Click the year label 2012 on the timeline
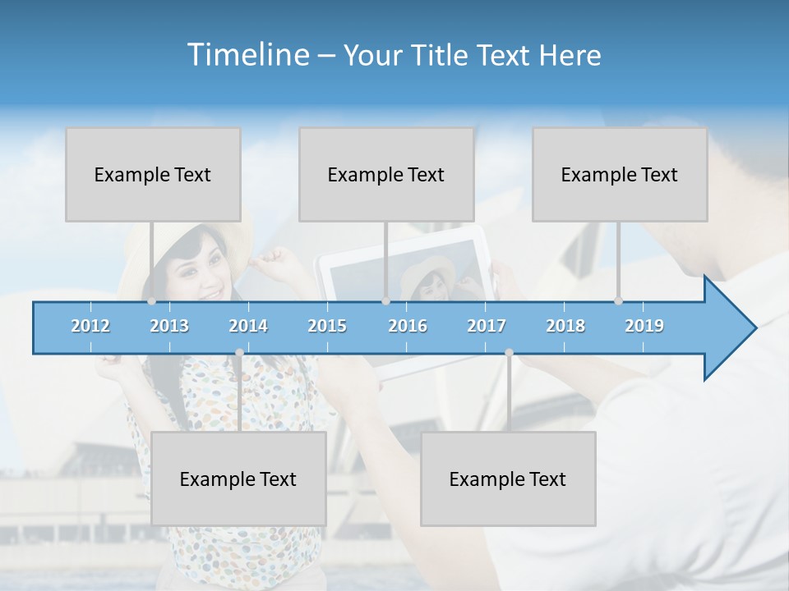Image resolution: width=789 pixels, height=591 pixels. point(90,326)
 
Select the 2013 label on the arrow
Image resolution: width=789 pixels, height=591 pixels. point(169,326)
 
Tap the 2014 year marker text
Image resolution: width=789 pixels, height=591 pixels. point(248,326)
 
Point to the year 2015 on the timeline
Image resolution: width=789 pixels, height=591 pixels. point(327,326)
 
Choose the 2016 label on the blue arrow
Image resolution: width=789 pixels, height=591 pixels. point(408,326)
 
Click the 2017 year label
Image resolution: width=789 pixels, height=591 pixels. point(487,326)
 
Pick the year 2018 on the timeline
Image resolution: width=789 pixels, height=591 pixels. point(565,326)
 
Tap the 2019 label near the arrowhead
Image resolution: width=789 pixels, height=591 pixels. point(644,326)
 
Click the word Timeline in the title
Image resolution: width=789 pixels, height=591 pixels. point(247,55)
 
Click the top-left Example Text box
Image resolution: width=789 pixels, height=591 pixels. point(153,174)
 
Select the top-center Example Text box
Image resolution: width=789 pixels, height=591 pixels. point(386,174)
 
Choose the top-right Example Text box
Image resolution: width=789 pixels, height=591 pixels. point(620,174)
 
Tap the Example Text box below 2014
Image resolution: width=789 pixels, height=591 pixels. point(238,479)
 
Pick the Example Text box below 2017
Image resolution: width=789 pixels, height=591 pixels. point(508,479)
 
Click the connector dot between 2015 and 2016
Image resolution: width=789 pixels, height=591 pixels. point(385,301)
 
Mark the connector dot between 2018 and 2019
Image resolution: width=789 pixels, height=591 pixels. point(618,301)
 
